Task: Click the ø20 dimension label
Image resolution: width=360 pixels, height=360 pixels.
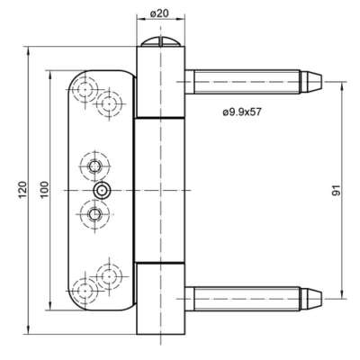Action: [159, 13]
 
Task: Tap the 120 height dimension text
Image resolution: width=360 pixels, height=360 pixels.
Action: [23, 190]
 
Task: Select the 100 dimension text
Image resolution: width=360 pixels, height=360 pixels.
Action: [44, 190]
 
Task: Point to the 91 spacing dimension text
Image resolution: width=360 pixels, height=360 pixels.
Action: [337, 190]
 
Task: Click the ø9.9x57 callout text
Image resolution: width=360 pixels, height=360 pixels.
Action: [242, 112]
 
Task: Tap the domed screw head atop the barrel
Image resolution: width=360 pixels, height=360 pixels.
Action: [161, 41]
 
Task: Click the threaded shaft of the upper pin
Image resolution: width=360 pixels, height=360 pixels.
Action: [247, 82]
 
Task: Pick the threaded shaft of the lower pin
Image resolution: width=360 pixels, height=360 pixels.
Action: [247, 299]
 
